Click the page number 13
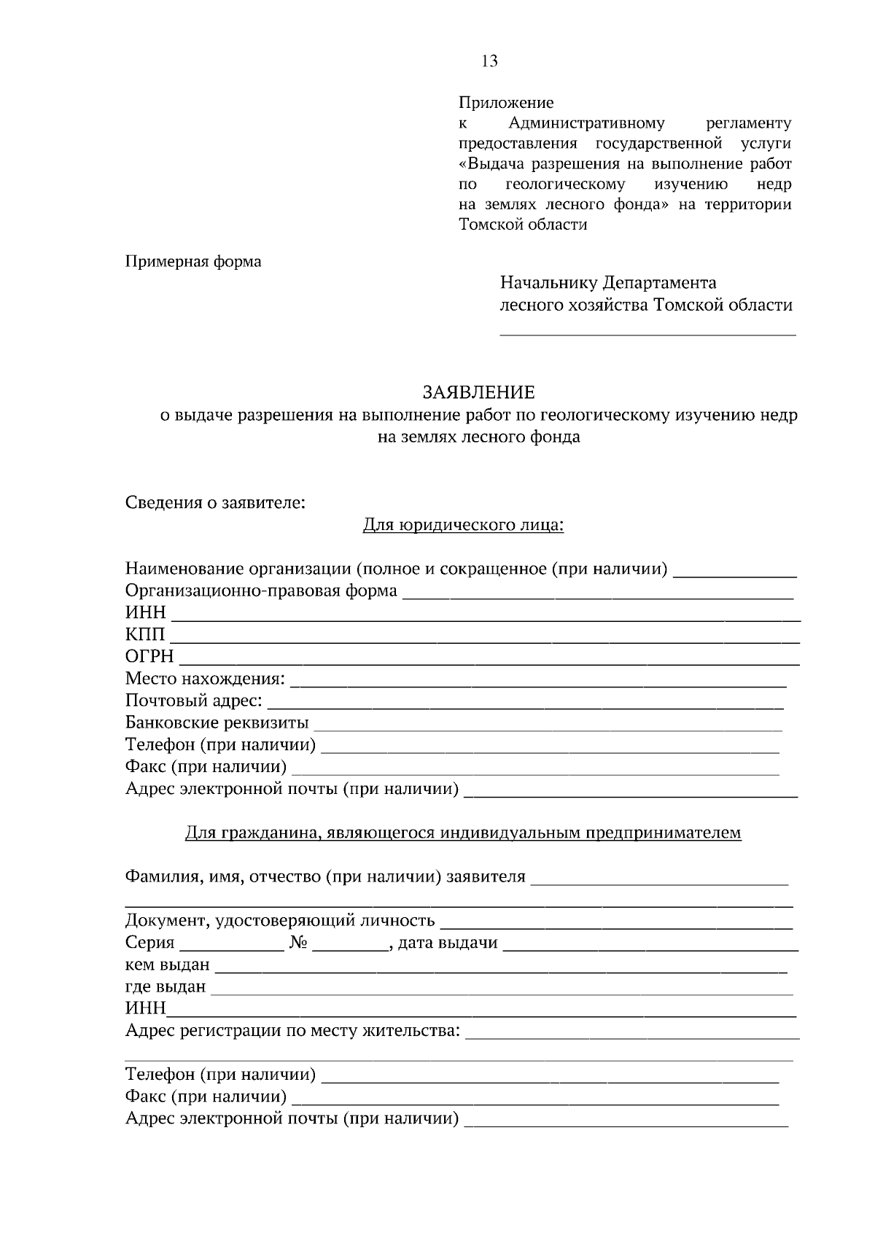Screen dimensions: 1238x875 click(490, 61)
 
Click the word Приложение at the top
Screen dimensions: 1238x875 click(506, 103)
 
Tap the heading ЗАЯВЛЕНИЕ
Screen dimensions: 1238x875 click(479, 393)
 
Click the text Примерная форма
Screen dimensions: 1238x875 click(193, 261)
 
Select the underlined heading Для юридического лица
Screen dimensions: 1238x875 click(464, 525)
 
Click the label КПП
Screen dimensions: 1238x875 click(145, 634)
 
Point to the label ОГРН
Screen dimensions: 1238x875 click(149, 656)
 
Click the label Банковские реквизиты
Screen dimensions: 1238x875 click(217, 723)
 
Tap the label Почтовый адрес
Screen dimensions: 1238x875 click(194, 701)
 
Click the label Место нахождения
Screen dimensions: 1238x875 click(205, 679)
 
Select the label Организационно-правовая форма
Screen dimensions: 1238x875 click(261, 591)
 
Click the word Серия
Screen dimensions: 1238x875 click(149, 943)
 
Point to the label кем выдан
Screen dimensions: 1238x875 click(167, 965)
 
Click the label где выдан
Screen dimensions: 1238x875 click(166, 986)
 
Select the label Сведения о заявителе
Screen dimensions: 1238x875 click(215, 502)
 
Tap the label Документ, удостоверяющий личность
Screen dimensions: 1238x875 click(280, 921)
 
